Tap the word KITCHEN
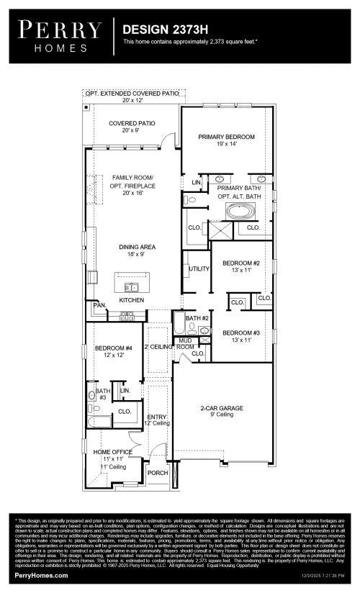[132, 299]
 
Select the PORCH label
[157, 473]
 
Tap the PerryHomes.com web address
[41, 576]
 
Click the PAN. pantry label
[99, 306]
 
